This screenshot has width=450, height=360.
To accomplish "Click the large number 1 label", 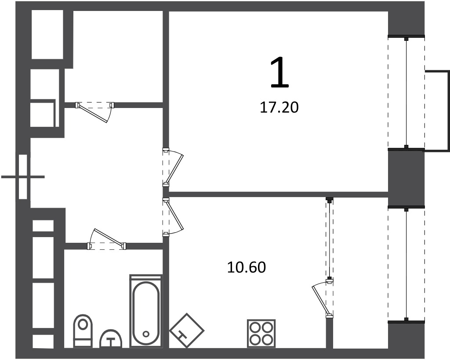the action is point(279,72).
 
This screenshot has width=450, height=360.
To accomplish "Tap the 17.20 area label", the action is point(279,108).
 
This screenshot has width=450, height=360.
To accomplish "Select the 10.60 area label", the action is point(247,267).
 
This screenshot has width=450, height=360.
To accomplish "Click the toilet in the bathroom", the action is point(83,331).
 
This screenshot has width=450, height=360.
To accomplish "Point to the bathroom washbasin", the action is point(110,338).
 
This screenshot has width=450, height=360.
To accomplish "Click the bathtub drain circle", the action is point(146,334).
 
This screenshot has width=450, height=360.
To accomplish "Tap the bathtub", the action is point(146,311).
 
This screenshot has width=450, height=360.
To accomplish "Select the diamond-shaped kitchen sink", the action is point(186,331).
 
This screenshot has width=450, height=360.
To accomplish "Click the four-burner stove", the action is point(261,333).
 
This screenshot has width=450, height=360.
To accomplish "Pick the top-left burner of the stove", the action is point(255,327).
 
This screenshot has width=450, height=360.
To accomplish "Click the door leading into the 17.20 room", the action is point(173,167).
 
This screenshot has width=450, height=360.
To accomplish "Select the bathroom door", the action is point(106,239).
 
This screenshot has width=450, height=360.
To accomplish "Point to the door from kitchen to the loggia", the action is point(323,299).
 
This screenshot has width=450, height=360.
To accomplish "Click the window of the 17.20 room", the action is point(406,92).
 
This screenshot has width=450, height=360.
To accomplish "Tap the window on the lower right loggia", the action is point(406,265).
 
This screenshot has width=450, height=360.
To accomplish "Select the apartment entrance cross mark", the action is point(23,177).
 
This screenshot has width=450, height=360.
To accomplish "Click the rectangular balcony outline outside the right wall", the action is point(437,110).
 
